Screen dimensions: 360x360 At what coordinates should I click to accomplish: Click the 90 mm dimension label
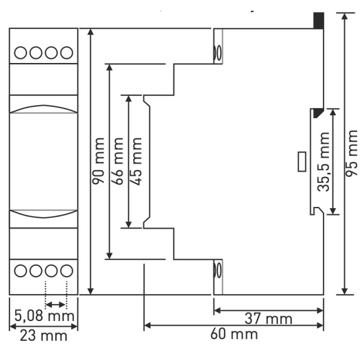coord(98,161)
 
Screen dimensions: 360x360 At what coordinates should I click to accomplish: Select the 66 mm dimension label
coord(117,161)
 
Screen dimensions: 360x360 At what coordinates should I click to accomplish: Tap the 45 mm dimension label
coord(136,161)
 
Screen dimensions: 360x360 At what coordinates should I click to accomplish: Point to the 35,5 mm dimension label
coord(323,162)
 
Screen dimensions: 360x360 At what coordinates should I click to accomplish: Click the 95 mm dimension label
coord(352,154)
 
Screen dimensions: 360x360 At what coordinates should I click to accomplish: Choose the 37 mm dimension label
coord(268,319)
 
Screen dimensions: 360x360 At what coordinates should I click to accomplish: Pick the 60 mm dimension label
coord(234,334)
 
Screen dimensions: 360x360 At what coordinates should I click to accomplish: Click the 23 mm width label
coord(44,336)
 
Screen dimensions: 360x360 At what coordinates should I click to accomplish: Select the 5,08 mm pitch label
coord(44,316)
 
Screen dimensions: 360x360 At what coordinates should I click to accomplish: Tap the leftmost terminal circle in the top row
coord(20,53)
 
